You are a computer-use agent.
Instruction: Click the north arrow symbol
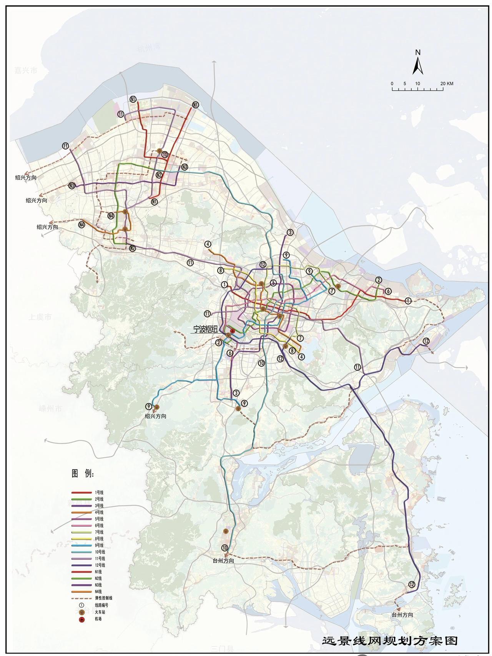point(418,63)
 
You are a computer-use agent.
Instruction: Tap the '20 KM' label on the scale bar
point(447,83)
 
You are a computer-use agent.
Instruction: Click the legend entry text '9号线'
point(99,545)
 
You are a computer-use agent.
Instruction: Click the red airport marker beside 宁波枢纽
point(233,331)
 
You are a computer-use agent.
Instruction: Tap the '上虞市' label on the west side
point(40,317)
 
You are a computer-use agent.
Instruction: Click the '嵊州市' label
point(50,408)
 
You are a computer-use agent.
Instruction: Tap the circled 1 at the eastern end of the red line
point(408,301)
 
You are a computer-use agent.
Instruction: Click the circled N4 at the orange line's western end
point(81,225)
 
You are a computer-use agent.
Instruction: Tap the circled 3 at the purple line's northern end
point(290,232)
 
